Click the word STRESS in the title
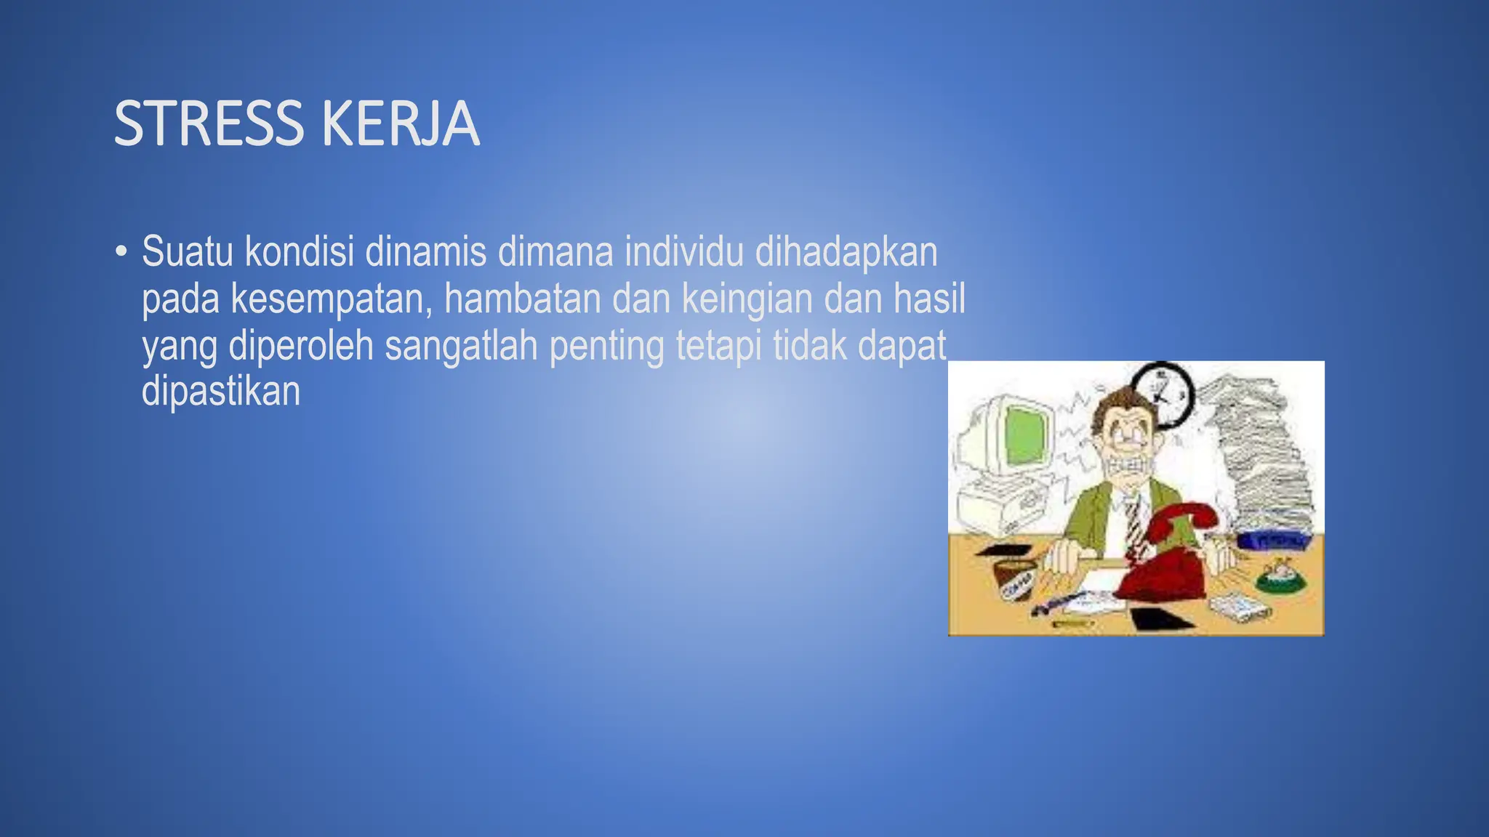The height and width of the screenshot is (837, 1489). (209, 124)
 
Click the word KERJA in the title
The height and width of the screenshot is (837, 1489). (400, 124)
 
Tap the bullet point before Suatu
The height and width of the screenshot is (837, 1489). (121, 252)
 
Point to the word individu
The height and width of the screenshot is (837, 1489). (684, 251)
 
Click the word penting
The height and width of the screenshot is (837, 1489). (607, 347)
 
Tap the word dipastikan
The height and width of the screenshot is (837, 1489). (221, 391)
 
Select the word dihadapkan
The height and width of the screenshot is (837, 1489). (846, 251)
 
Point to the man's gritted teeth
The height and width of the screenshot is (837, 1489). (1130, 465)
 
